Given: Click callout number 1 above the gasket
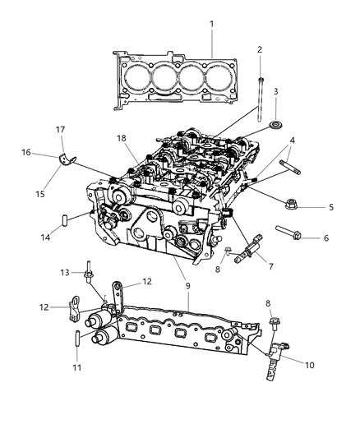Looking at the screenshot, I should coord(211,25).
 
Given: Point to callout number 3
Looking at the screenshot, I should coord(275,92).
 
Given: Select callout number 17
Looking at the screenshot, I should coord(61,129).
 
